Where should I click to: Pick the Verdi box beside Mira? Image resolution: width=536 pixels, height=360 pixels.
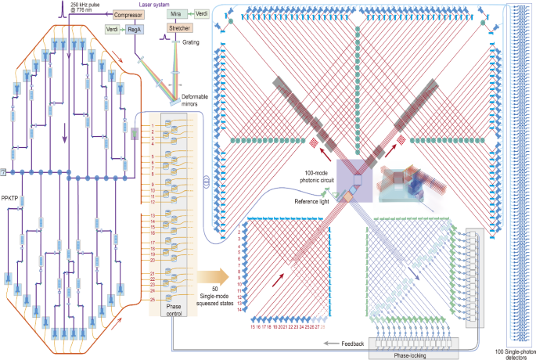pyautogui.click(x=201, y=13)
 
